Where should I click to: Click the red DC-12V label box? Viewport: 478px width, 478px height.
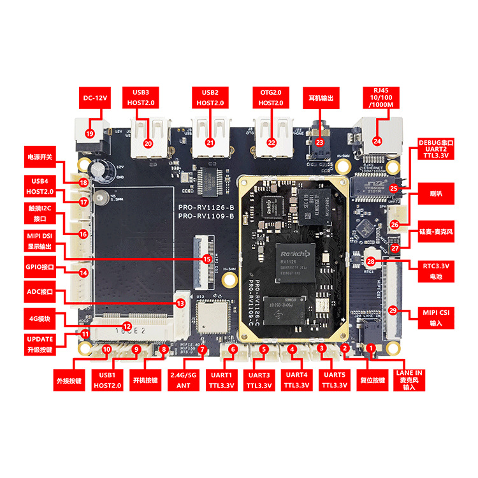[95, 98]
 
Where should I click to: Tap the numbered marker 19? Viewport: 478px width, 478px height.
[89, 133]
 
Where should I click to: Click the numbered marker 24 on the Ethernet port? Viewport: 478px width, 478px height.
[377, 141]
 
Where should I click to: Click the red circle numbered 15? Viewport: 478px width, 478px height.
[206, 259]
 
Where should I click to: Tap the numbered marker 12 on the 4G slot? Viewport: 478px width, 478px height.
[127, 326]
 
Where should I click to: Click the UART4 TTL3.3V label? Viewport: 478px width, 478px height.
[296, 380]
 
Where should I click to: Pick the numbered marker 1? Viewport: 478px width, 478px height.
[371, 348]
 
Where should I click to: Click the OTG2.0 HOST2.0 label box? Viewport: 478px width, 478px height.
[272, 97]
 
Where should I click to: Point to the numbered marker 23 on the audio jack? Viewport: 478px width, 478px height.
[319, 143]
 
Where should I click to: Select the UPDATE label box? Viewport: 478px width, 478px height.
[40, 343]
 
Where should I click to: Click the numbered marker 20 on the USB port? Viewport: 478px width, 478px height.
[148, 143]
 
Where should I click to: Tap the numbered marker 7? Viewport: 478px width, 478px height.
[201, 349]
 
